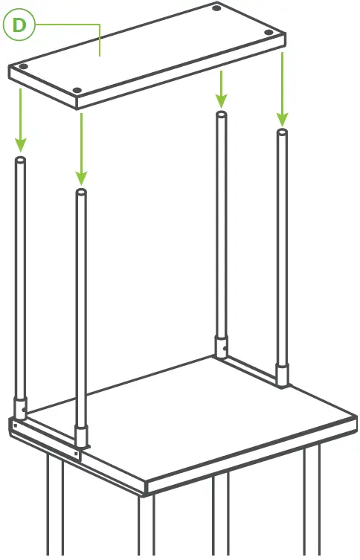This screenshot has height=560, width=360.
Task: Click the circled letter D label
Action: coord(19,25)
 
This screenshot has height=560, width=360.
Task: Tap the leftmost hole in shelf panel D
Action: coord(24,66)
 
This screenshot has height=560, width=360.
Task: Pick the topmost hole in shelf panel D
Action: coord(216,8)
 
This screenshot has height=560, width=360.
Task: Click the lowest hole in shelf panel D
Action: coord(77,91)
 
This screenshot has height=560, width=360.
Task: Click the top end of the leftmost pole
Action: coord(20,159)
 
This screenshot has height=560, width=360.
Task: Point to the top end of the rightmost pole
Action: coord(282,133)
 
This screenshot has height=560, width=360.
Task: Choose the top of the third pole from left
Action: coord(221,115)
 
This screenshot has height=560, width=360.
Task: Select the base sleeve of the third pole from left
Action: coord(221,347)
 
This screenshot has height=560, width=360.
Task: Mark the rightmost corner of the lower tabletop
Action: coord(356,417)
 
